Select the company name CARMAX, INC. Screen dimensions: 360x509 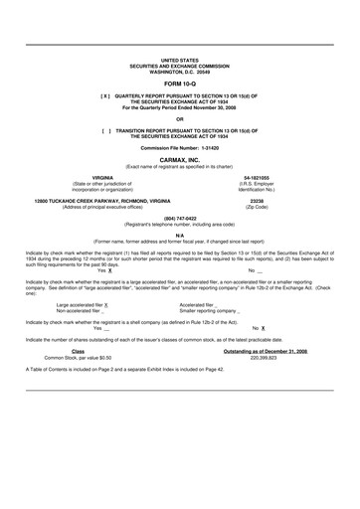[179, 159]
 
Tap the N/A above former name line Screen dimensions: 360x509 [179, 235]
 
